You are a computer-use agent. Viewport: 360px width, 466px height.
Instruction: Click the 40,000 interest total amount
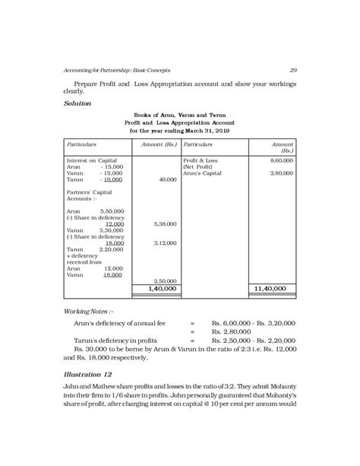click(166, 180)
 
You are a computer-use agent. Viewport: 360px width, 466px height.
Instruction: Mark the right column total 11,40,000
click(270, 289)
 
